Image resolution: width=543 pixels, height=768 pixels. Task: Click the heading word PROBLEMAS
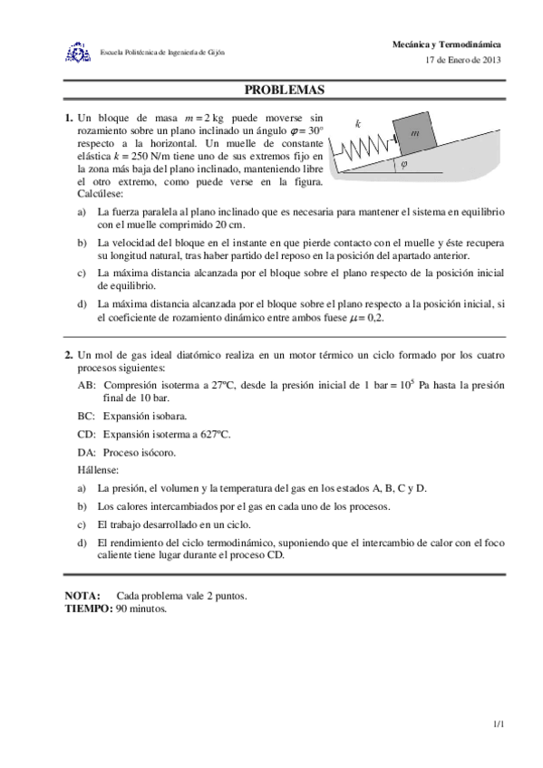point(284,91)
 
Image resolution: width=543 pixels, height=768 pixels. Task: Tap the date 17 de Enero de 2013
point(462,60)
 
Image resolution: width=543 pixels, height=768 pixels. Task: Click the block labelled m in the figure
point(414,132)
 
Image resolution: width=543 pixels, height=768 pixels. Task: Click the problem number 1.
point(69,118)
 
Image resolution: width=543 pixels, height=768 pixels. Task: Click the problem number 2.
point(69,355)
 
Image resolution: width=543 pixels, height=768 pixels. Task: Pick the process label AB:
point(88,384)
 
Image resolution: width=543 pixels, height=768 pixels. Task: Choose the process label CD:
point(88,434)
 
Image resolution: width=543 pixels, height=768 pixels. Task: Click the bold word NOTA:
point(83,595)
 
